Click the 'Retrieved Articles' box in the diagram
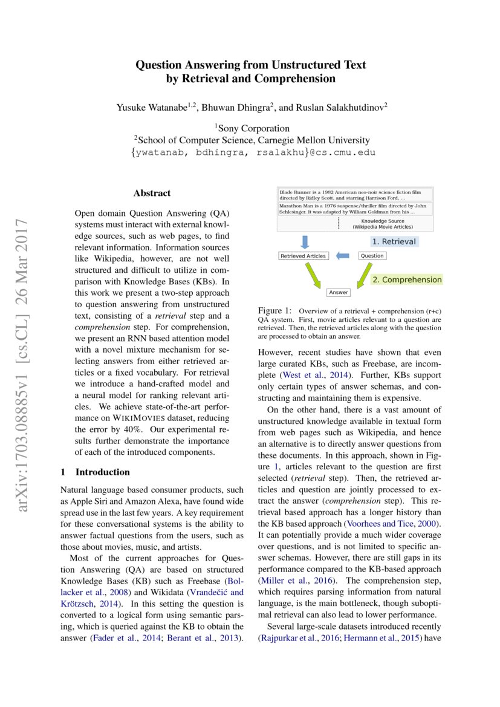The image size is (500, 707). point(304,256)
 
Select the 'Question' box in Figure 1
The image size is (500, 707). point(372,256)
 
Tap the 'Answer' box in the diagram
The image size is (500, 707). point(339,292)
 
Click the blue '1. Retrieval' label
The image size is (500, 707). point(394,241)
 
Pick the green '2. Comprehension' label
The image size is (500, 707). point(406,280)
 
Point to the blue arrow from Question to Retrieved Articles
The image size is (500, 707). point(343,256)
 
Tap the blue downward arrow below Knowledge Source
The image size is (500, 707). point(305,241)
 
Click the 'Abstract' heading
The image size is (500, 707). point(152,194)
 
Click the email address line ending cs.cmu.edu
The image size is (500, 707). point(253,152)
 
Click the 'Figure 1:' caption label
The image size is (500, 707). point(275,310)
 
